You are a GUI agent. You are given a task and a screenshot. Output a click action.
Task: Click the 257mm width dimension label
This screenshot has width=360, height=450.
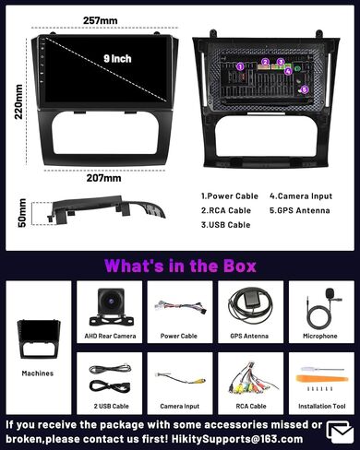point(101,20)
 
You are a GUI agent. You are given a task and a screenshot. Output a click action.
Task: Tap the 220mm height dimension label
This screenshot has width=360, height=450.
point(18,101)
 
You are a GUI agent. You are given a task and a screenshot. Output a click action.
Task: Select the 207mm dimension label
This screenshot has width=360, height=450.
point(103,178)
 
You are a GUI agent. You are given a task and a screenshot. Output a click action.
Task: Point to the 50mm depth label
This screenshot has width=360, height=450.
point(22,213)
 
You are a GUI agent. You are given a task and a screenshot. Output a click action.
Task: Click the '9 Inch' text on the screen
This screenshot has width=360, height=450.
point(117,58)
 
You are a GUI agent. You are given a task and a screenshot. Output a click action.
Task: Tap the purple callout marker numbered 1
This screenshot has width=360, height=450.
point(241,66)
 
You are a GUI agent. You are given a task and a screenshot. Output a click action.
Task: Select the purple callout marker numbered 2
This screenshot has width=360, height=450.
point(266,62)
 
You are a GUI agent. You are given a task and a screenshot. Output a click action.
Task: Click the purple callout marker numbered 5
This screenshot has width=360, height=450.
point(304,89)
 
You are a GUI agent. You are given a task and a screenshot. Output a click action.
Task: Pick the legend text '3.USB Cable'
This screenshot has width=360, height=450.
point(225,225)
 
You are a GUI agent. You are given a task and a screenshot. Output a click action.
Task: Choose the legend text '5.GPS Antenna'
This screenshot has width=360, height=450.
point(300,210)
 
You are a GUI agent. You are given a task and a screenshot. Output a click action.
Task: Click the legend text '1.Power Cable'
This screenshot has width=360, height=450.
point(230,196)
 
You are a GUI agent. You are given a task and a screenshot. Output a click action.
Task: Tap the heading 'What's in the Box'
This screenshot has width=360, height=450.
point(180,266)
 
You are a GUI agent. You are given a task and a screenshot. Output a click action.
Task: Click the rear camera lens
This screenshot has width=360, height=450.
point(111,302)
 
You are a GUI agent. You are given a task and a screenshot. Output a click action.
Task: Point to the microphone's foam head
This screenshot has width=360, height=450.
point(330,291)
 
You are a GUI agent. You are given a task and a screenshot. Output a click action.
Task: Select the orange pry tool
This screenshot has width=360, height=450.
point(322,378)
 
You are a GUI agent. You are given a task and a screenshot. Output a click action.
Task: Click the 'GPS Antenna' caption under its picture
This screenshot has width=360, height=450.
point(249,336)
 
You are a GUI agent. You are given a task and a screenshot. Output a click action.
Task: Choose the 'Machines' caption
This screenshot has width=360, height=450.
point(38,373)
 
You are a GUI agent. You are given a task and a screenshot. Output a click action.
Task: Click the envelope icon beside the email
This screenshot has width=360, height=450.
point(341,432)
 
